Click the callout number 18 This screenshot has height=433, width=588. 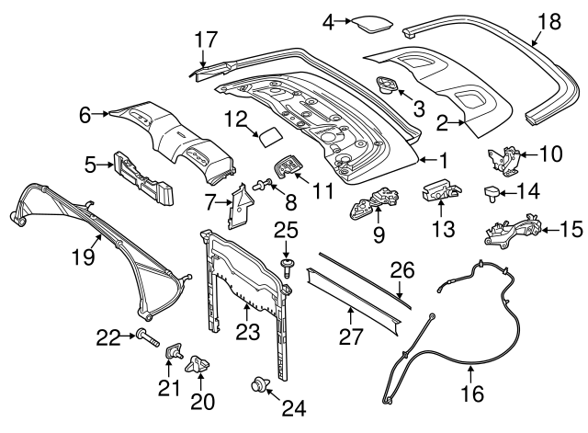click(x=548, y=21)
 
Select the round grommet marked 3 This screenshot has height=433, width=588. click(x=390, y=88)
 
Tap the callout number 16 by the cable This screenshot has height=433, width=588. click(x=470, y=396)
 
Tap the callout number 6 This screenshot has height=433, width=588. click(x=86, y=114)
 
